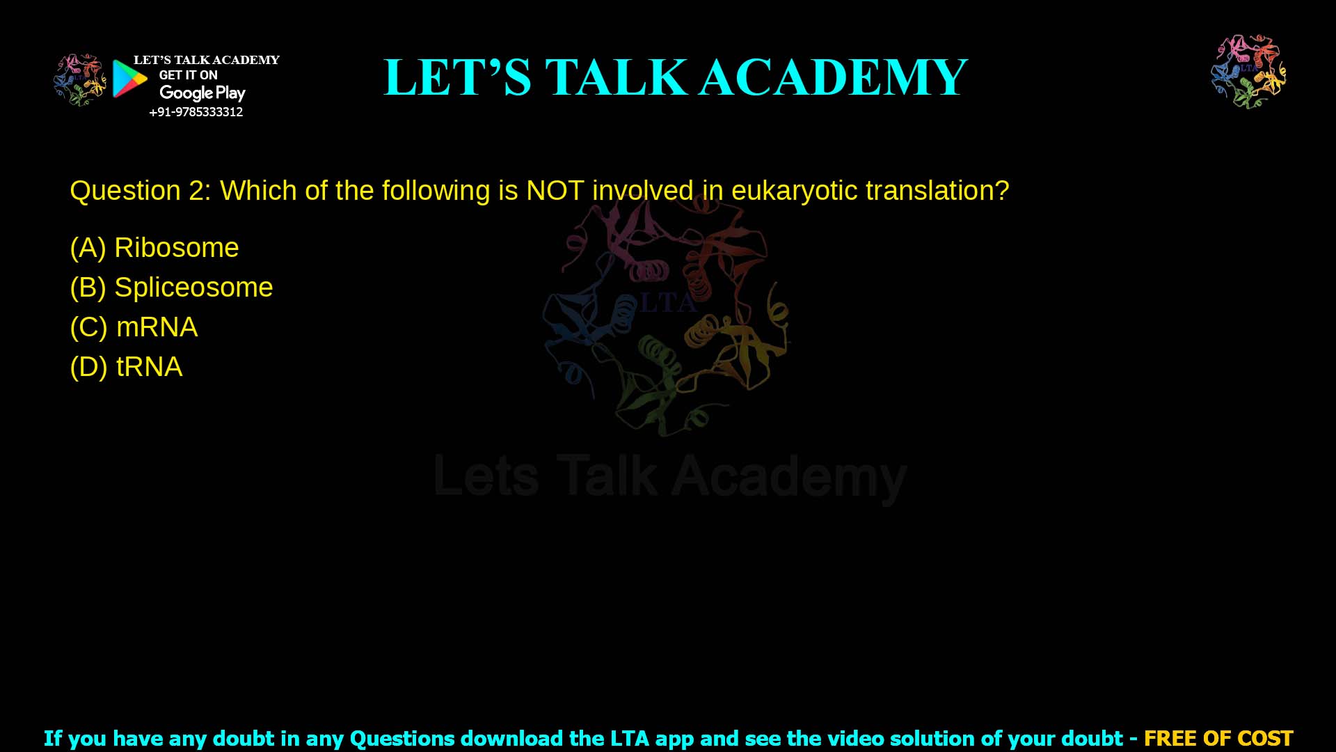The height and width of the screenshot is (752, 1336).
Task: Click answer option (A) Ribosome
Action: pos(154,248)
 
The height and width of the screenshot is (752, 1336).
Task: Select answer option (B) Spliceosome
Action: pos(171,288)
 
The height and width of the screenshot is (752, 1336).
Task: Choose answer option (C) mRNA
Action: pos(134,327)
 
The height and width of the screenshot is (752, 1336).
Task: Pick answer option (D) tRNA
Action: pos(126,367)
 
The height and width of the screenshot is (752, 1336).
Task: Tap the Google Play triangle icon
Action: pos(129,79)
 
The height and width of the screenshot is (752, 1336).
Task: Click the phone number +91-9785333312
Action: pos(196,112)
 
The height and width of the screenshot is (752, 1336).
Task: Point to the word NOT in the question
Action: pos(555,191)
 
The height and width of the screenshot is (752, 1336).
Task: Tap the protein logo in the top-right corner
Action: pos(1248,71)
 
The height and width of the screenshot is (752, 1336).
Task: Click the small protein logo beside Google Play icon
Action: pos(79,79)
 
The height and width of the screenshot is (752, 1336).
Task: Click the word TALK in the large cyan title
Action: pos(617,77)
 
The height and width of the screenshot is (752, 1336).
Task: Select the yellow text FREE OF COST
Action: pos(1218,738)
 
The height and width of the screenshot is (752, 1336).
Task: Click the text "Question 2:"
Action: pos(140,191)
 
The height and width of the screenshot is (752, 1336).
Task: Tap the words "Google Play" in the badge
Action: pos(202,93)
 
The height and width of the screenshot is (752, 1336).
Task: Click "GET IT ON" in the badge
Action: pos(188,75)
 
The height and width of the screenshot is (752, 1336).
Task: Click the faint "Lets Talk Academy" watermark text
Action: pos(670,478)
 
